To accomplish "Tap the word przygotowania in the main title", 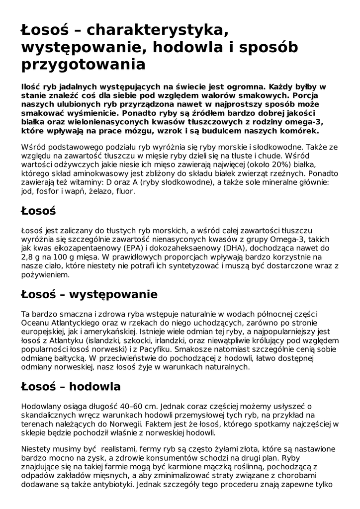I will [83, 65].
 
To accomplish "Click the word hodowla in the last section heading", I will [95, 387].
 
